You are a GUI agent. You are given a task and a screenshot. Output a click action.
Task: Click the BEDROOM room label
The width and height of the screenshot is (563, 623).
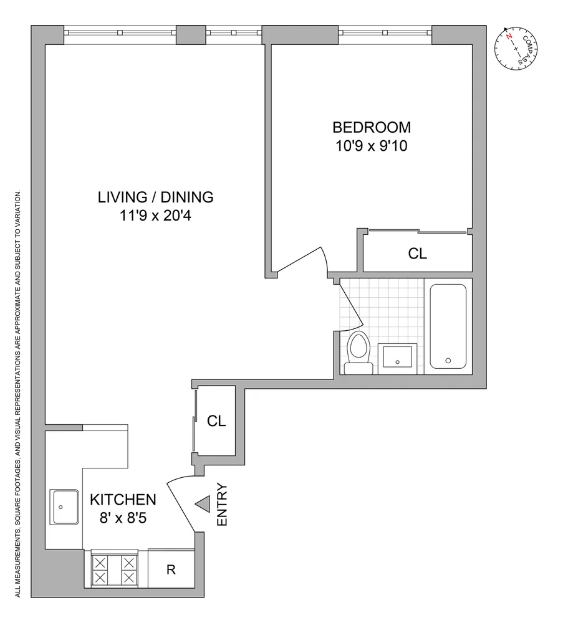372,128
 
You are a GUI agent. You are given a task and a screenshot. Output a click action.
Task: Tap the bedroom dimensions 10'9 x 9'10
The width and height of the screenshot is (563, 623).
372,148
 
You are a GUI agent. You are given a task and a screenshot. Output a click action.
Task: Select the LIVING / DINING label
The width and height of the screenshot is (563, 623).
156,197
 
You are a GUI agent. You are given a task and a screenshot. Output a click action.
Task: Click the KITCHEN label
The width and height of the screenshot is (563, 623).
122,499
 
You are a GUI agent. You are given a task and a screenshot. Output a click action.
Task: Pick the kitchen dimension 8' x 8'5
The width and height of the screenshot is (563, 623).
122,517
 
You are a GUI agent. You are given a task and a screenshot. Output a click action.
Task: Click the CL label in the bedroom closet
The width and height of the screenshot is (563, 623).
418,254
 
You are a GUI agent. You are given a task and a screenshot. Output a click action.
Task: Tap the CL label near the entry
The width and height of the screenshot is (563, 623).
216,421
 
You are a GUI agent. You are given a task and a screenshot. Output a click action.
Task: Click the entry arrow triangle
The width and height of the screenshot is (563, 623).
203,505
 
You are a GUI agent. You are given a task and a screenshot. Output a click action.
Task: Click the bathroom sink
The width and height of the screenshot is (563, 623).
398,358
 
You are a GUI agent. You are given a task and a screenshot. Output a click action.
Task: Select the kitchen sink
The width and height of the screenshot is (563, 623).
65,507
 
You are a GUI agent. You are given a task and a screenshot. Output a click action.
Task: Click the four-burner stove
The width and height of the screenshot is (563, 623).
114,569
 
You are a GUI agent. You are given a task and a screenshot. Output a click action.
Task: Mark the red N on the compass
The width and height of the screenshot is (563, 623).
509,37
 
